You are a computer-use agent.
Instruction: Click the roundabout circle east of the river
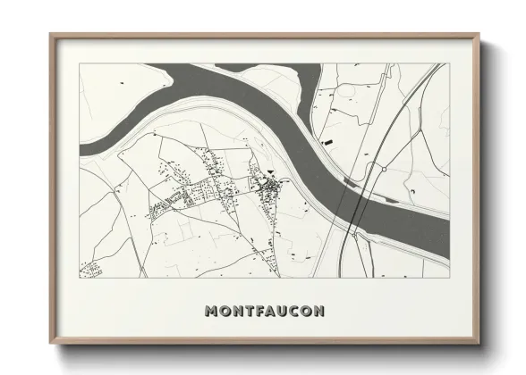coord(382,168)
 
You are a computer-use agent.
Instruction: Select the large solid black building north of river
coord(327,141)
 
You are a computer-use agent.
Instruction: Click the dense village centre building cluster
coord(268,187)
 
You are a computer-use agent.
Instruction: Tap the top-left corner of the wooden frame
coord(50,35)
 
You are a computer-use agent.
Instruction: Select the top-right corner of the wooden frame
coord(481,35)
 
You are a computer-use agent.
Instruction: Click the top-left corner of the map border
coord(80,63)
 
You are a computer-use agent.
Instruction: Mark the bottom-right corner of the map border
coord(450,276)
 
